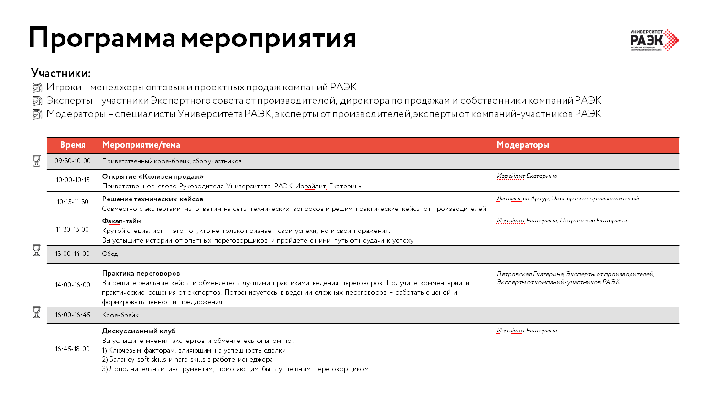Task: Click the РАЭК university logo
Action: (654, 40)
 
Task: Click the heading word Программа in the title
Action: (102, 38)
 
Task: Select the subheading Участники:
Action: (61, 73)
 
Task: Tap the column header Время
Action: (73, 145)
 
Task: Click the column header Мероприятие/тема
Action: (141, 145)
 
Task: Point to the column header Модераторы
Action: (522, 145)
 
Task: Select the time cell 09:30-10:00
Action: (73, 161)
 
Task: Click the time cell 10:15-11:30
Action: (73, 202)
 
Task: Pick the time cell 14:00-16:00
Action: (73, 285)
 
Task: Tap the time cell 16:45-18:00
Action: (73, 349)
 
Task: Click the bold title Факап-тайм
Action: (122, 221)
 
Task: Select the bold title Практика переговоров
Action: (141, 273)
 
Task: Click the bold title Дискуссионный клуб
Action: (139, 331)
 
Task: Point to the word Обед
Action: (109, 254)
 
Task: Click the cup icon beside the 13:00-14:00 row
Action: (36, 250)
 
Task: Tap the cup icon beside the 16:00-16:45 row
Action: (36, 312)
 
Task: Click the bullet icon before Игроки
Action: (37, 88)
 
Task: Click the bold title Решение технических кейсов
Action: (152, 199)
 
